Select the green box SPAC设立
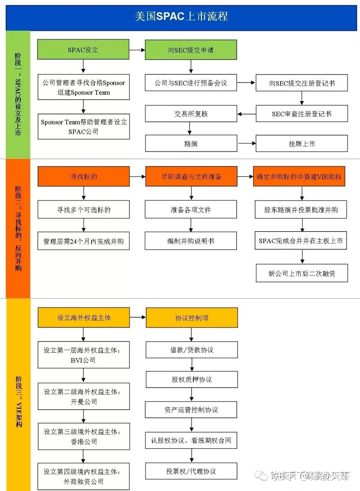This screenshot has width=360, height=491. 83,50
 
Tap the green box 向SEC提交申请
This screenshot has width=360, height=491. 191,50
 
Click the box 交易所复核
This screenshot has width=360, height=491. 191,114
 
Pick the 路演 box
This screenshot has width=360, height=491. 191,144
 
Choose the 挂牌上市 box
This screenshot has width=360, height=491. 302,144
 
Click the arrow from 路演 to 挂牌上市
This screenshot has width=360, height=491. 246,143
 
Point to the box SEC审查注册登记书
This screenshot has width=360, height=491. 302,114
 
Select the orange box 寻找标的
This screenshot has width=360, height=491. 84,176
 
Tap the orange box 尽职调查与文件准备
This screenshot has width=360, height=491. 191,176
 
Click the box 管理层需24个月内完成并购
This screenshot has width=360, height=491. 84,241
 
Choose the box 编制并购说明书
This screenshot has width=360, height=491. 191,241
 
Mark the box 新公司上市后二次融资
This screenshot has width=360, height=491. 302,273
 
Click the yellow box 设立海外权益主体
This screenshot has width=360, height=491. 84,318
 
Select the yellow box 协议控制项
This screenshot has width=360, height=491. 192,318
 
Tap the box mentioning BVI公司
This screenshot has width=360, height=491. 84,355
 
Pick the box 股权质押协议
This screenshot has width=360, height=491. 192,379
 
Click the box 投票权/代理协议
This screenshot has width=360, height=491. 191,471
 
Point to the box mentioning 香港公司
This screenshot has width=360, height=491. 84,437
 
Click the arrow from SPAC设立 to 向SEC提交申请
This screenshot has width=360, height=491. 137,50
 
